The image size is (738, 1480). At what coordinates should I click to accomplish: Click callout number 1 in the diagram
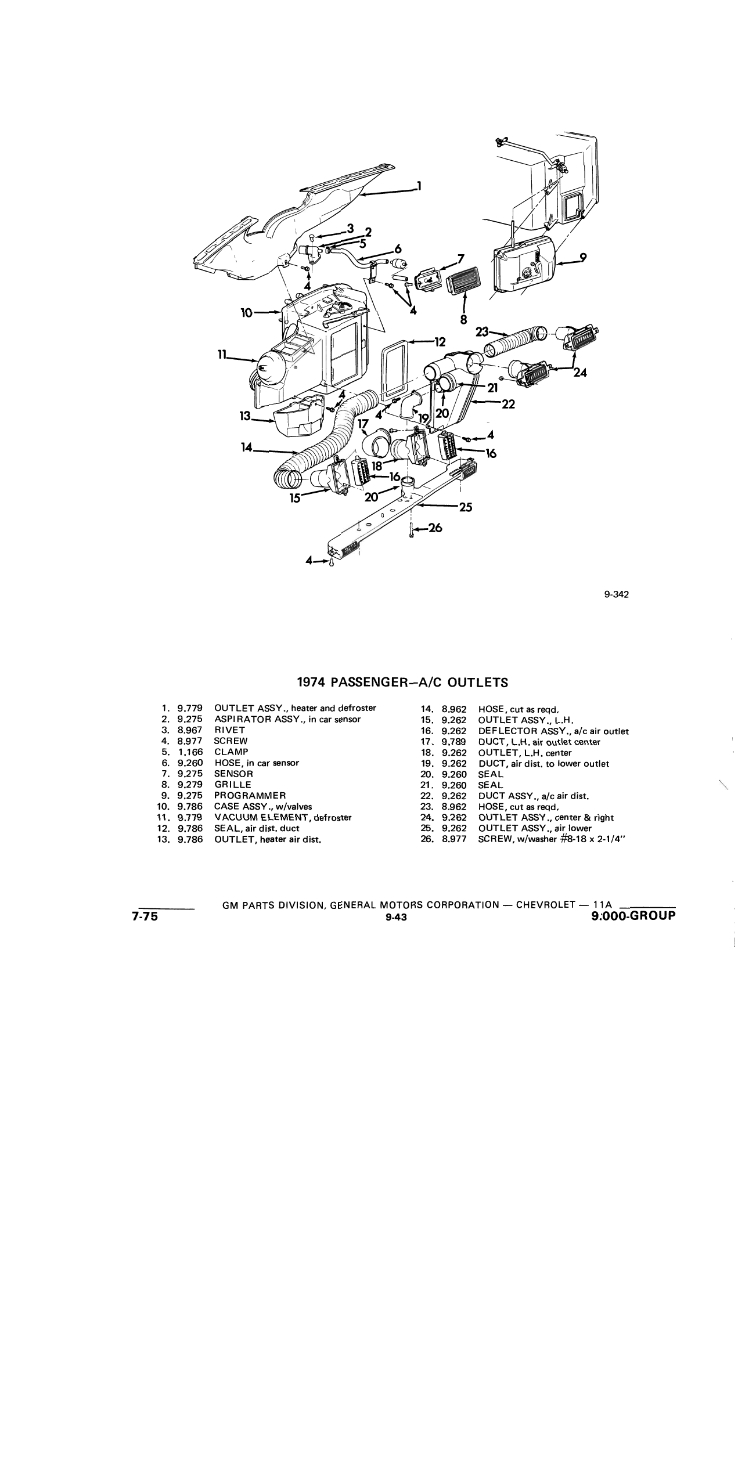(x=419, y=186)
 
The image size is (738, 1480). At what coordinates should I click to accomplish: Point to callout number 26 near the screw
(x=435, y=528)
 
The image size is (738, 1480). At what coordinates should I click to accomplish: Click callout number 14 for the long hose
(x=247, y=447)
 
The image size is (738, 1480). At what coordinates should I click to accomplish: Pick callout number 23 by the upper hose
(x=483, y=331)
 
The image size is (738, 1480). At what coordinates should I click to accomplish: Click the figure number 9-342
(x=617, y=594)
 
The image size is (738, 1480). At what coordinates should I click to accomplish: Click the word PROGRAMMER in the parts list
(x=250, y=796)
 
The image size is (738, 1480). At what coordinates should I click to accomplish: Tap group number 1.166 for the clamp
(x=190, y=752)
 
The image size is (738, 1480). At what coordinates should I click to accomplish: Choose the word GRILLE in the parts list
(x=233, y=785)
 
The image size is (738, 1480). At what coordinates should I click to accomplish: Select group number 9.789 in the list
(x=454, y=742)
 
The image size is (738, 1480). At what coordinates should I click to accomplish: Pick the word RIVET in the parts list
(x=229, y=730)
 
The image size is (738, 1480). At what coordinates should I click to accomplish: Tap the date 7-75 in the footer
(x=145, y=917)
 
